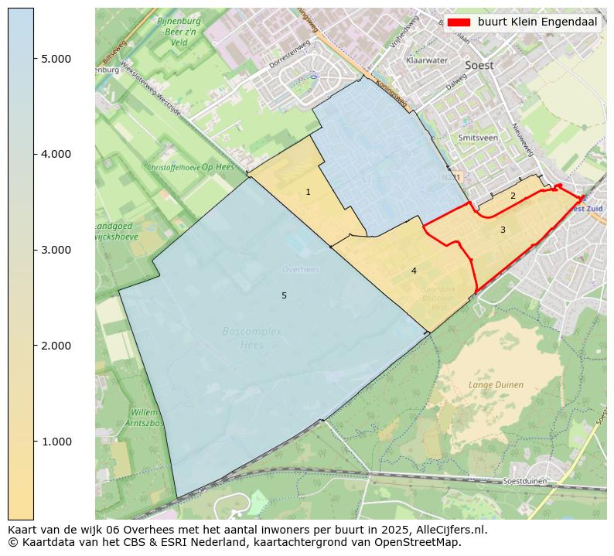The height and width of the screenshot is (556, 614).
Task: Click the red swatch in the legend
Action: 459,22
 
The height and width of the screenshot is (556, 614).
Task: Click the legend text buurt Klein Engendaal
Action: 537,22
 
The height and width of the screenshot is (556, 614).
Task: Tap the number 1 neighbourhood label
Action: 308,192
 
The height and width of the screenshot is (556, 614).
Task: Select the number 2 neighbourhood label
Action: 512,196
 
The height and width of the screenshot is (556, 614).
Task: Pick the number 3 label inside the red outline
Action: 503,230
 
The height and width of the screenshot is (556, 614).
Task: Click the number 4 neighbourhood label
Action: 414,271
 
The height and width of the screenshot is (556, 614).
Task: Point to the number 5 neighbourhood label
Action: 284,296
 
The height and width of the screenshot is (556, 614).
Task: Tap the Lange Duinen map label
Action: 496,384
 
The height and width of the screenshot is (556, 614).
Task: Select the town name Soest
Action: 479,66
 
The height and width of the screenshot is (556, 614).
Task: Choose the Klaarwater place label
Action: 426,60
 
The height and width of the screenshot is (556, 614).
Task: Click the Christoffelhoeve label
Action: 173,167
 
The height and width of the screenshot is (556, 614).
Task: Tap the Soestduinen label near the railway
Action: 525,481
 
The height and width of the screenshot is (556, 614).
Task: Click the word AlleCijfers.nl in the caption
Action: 448,530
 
